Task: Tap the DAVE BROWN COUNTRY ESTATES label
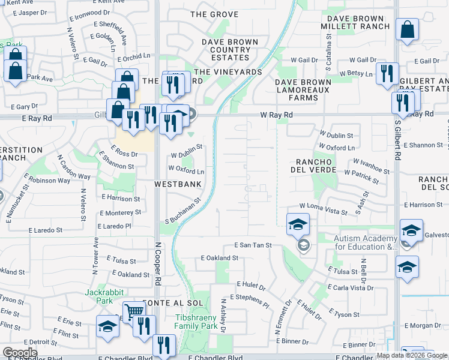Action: pos(230,50)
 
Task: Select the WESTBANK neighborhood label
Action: pos(178,184)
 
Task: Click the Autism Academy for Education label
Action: pos(366,242)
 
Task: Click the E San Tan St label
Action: pos(253,245)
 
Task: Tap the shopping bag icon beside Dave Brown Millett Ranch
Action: pos(408,31)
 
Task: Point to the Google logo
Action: pos(20,353)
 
